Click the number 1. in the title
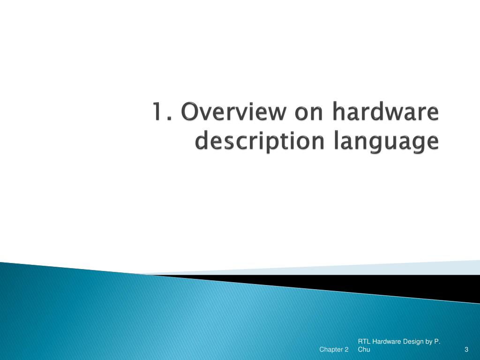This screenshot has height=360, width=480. pos(161,114)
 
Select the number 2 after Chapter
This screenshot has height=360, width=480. pos(346,350)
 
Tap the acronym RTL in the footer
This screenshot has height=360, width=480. pos(364,342)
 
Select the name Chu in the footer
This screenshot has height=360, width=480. pos(364,350)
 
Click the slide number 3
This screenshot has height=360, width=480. pos(466,350)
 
